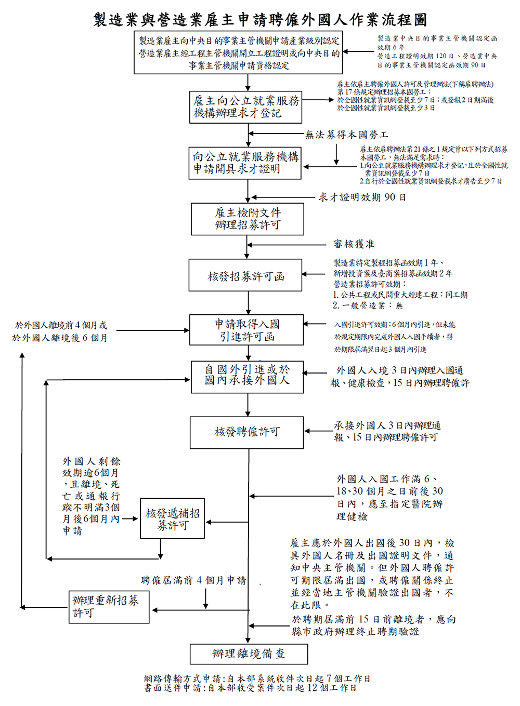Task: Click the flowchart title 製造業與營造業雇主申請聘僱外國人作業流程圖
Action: [x=260, y=20]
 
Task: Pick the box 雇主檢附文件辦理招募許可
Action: [x=248, y=219]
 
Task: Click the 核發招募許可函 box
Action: [x=245, y=276]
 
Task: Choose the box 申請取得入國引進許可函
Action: [x=246, y=330]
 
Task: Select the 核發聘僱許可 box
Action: [x=246, y=432]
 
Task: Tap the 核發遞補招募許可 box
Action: [x=172, y=519]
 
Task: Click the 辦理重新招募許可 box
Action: [x=109, y=607]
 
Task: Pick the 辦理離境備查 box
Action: [x=249, y=654]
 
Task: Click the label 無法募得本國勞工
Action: [x=346, y=135]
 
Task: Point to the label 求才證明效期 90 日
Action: [x=362, y=197]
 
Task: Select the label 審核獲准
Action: [x=354, y=244]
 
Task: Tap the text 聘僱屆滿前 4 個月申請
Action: [x=193, y=580]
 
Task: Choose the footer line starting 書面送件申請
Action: [x=250, y=688]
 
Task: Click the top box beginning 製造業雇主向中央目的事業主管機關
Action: [x=239, y=52]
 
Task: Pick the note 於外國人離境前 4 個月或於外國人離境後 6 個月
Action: [x=60, y=331]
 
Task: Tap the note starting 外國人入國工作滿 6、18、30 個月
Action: [x=389, y=498]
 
